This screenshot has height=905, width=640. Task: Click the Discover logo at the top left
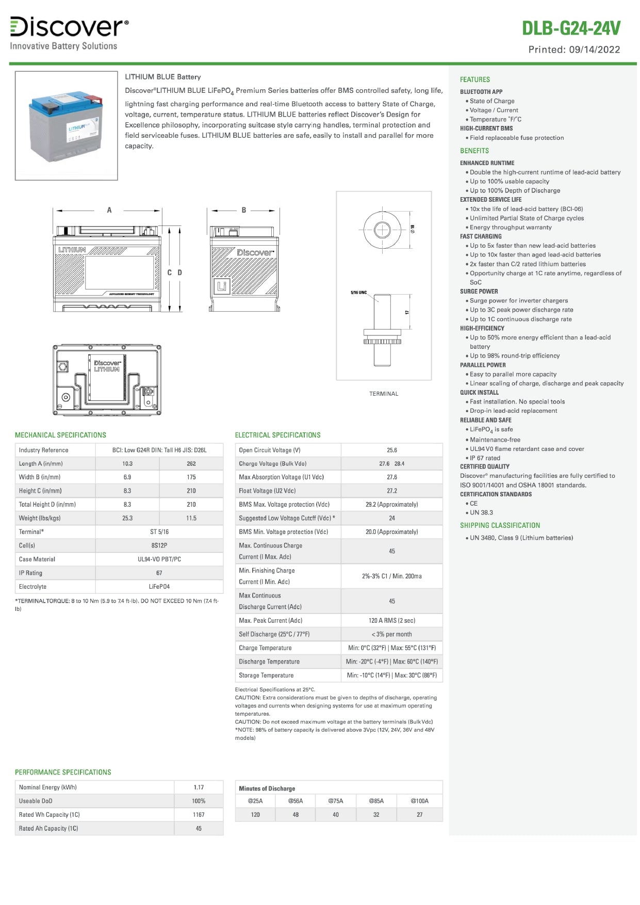(69, 27)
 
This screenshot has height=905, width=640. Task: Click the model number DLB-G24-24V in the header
(571, 28)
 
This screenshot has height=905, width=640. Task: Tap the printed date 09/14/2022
(595, 50)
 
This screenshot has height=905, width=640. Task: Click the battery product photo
(66, 125)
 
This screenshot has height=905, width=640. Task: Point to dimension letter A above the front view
(109, 210)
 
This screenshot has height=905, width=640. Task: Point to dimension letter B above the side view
(244, 210)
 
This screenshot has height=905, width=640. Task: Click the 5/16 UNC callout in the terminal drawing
(358, 293)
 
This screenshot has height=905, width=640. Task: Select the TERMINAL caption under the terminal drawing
(384, 394)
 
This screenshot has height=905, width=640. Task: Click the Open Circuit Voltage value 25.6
(392, 450)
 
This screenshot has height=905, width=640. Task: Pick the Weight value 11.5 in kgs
(191, 518)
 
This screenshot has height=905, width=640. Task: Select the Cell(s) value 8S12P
(159, 545)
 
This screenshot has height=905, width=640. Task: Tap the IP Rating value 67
(159, 573)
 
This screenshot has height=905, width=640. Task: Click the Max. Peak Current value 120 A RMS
(392, 621)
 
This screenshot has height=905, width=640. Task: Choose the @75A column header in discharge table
(336, 801)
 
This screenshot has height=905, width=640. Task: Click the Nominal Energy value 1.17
(199, 787)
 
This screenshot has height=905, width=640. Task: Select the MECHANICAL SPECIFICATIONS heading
(60, 435)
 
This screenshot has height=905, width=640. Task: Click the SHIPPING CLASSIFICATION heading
(500, 525)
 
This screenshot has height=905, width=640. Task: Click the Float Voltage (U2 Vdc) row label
(267, 491)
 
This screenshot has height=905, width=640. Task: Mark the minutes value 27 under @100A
(419, 815)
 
